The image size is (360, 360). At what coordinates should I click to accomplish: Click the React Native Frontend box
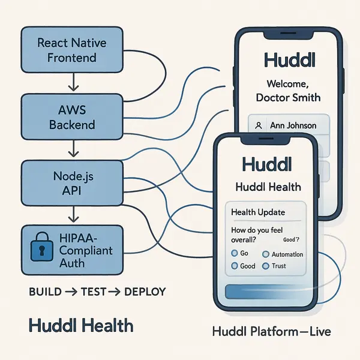[72, 50]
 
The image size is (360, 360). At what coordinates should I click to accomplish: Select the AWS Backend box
[72, 118]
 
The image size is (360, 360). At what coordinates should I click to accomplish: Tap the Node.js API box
[72, 182]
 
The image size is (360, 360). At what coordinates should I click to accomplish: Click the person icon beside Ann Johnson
[258, 126]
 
